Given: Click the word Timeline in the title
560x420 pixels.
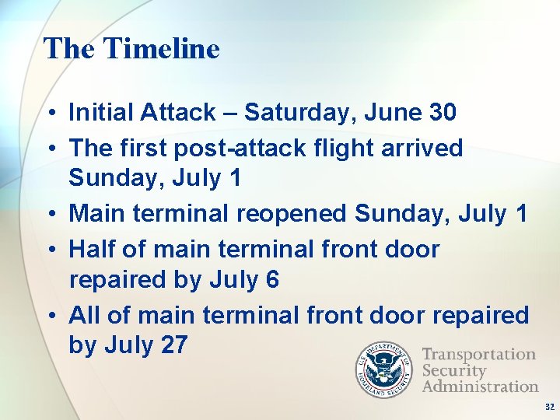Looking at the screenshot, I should coord(161,48).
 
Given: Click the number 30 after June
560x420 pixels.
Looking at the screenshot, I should coord(442,113).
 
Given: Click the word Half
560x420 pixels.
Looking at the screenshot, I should coord(93,250).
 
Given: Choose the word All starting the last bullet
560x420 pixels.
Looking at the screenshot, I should coord(85,315).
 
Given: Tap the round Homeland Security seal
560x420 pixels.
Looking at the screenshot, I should coord(386,369).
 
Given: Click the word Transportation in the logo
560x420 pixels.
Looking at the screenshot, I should coord(478,355).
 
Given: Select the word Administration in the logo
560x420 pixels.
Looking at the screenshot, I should coord(479,386).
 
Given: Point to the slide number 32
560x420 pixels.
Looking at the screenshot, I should coord(549,407).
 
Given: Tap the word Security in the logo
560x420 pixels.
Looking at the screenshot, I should coord(453,370).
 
